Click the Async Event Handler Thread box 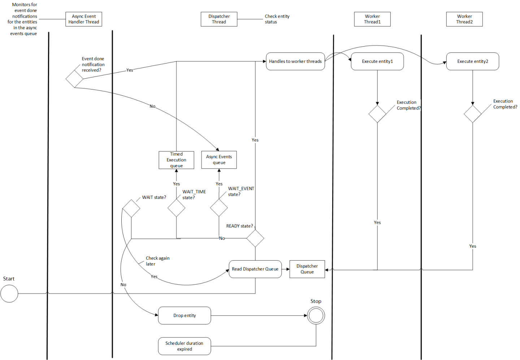(x=83, y=19)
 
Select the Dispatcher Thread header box (x=219, y=19)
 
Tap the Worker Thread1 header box (x=372, y=19)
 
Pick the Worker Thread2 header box (x=464, y=19)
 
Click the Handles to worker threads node (x=295, y=61)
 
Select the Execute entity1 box (x=377, y=61)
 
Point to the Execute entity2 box (x=472, y=61)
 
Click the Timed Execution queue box (x=176, y=160)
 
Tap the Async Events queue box (x=219, y=160)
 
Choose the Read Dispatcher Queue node (x=255, y=269)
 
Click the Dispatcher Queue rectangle (x=307, y=269)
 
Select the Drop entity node (x=184, y=316)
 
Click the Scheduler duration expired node (x=184, y=346)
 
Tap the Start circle (x=9, y=294)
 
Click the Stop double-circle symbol (x=316, y=316)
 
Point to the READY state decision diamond (x=255, y=238)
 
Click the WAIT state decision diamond (x=131, y=208)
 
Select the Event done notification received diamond (x=74, y=79)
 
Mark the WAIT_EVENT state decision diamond (x=219, y=208)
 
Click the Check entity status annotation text (x=277, y=19)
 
